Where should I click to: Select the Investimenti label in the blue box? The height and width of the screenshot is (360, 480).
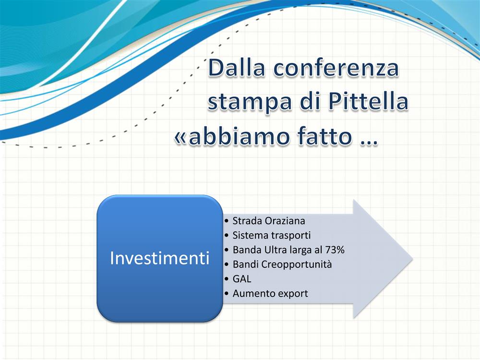coord(159,258)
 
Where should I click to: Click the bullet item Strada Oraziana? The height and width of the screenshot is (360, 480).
coord(269,221)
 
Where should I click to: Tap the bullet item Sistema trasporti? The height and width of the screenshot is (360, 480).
coord(272,235)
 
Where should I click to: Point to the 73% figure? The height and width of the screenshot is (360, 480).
coord(335,250)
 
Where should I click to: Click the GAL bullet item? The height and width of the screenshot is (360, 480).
coord(242,279)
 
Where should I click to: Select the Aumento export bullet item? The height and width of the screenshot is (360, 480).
coord(270,293)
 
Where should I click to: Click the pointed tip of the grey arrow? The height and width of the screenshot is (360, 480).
coord(413,259)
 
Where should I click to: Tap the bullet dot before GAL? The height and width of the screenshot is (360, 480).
coord(227,279)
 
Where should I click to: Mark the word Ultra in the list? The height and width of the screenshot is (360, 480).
coord(267,250)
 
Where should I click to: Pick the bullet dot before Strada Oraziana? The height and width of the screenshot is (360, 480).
coord(227,221)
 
